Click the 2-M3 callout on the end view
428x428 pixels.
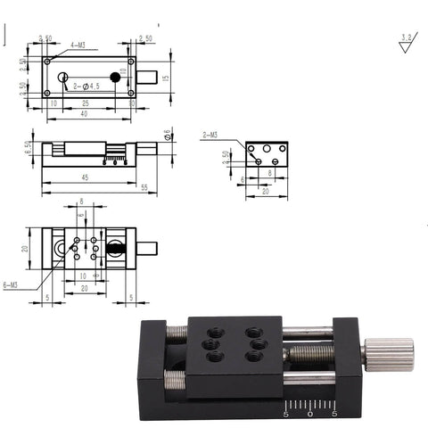[212, 134]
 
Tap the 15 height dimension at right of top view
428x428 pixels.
[166, 77]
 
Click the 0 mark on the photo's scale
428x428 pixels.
[309, 413]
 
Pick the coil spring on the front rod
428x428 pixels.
[176, 382]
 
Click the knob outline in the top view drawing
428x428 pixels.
[151, 77]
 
